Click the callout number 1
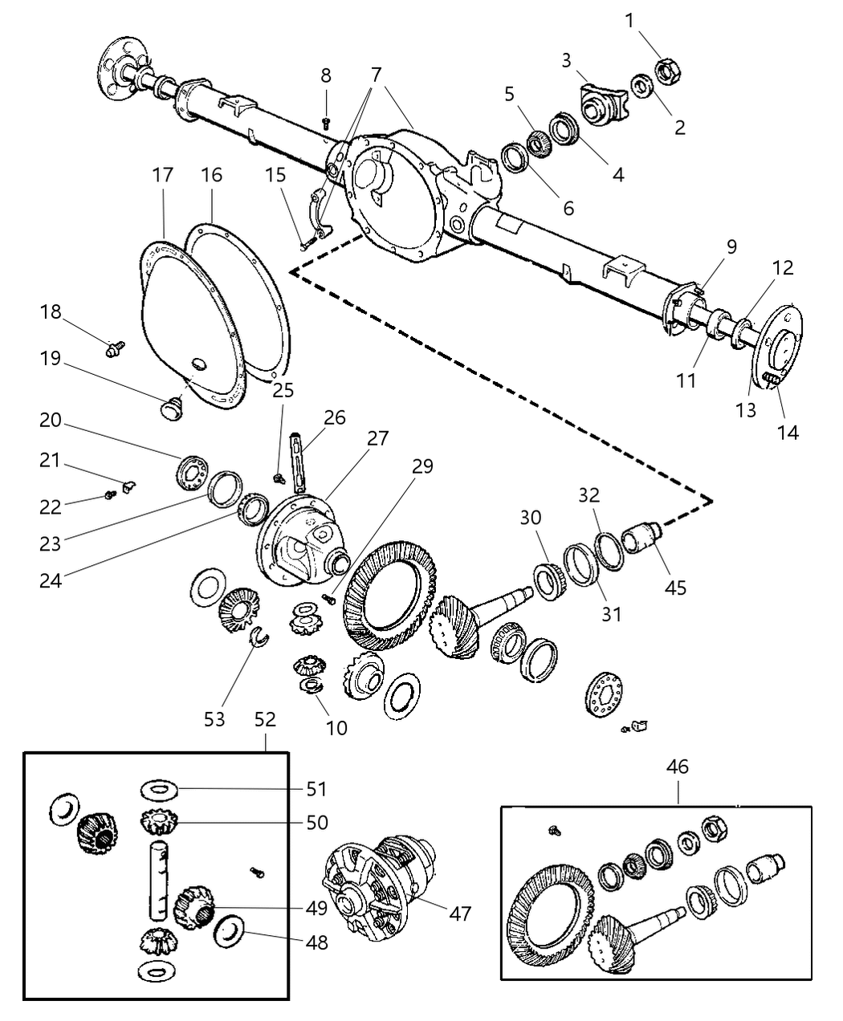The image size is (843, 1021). [x=630, y=20]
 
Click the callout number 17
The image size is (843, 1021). [x=163, y=175]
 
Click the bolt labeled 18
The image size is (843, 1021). [x=116, y=348]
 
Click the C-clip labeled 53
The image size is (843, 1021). [x=259, y=637]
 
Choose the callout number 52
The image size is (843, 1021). [x=265, y=719]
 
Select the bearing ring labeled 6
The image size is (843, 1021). [x=514, y=157]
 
